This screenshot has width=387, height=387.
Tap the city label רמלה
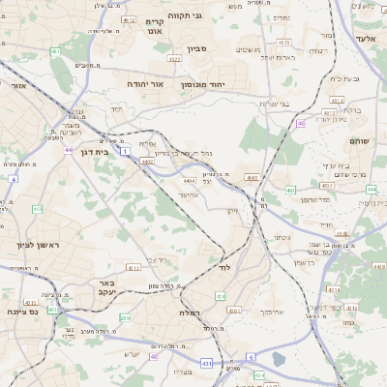click(189, 313)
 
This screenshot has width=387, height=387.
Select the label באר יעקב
click(107, 287)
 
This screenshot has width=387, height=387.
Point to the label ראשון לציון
click(37, 245)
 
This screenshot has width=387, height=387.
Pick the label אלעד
click(365, 38)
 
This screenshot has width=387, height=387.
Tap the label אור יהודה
click(146, 84)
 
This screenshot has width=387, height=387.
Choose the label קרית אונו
click(154, 26)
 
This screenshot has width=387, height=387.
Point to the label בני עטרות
click(275, 104)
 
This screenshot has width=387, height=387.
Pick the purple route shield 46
click(301, 123)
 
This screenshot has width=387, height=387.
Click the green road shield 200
click(124, 317)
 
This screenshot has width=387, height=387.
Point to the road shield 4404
click(189, 180)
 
